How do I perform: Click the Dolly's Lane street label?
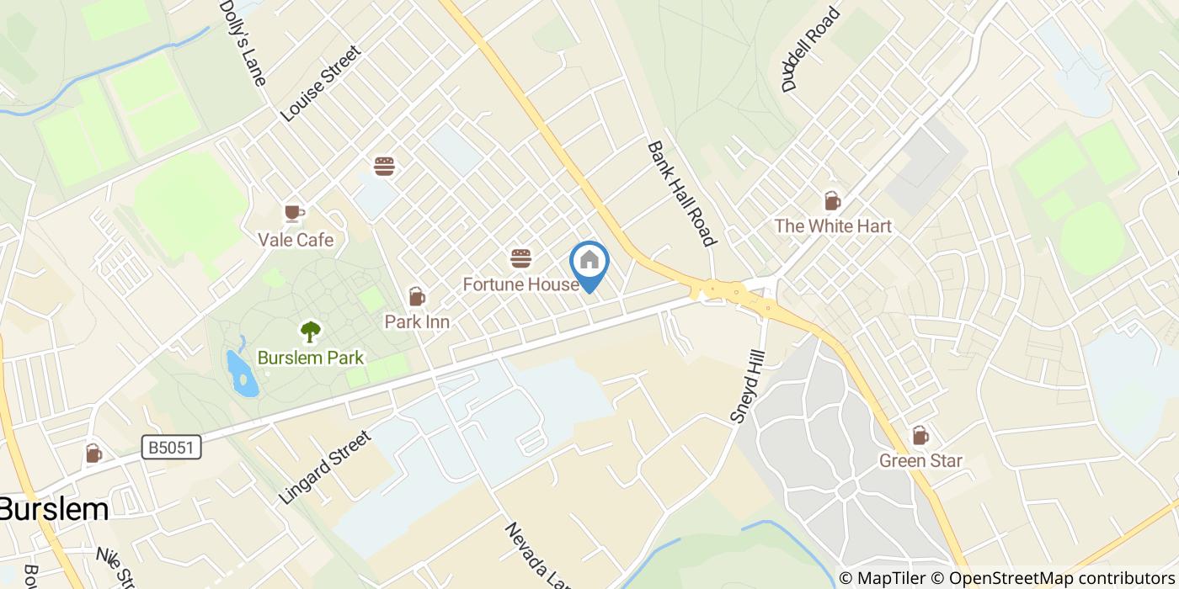tap(243, 42)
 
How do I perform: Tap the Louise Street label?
tap(320, 83)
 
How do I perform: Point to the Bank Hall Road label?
tap(681, 194)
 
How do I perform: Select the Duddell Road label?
tap(812, 49)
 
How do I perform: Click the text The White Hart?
tap(832, 226)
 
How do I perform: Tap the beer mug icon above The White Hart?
tap(832, 201)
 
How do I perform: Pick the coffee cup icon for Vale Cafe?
tap(294, 213)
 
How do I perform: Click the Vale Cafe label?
tap(296, 241)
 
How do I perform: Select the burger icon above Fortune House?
tap(520, 257)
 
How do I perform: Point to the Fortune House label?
tap(520, 284)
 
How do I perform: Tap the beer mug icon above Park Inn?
tap(416, 296)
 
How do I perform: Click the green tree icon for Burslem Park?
tap(311, 332)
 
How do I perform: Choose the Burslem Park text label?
tap(311, 358)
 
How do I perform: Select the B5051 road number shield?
tap(171, 448)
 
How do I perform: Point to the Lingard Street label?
tap(325, 468)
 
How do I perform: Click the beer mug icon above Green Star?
tap(920, 436)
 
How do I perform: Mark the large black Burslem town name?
tap(54, 509)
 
